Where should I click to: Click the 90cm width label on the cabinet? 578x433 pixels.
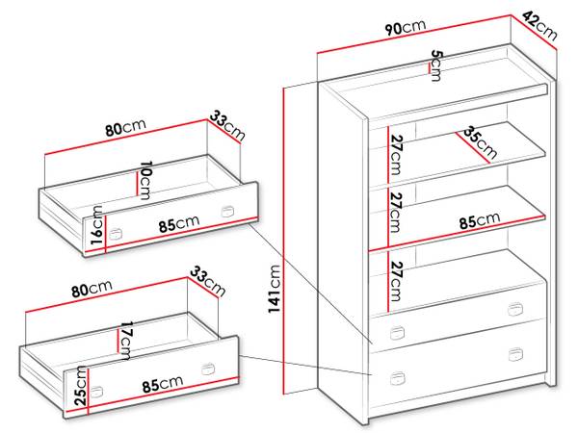[406, 27]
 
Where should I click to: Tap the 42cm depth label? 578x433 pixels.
[539, 26]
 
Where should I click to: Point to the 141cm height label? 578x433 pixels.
[275, 289]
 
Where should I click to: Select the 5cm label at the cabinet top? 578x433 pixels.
[435, 65]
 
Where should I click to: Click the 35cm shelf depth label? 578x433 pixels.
[480, 142]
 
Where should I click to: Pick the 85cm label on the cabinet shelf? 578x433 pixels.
[480, 220]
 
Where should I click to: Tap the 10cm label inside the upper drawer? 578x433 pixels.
[144, 181]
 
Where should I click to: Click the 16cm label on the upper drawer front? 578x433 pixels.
[97, 225]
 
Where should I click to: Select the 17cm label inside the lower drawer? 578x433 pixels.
[125, 341]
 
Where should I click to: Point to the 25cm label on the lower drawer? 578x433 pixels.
[81, 386]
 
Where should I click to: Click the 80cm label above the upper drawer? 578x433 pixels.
[125, 127]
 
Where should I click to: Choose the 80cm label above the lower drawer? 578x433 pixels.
[92, 289]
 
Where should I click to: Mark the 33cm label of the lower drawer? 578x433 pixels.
[207, 282]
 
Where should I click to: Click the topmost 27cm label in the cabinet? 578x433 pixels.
[396, 155]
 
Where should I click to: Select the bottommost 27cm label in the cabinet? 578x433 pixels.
[396, 281]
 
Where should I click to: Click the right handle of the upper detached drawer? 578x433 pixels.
[227, 212]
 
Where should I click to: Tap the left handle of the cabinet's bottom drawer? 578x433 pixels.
[397, 378]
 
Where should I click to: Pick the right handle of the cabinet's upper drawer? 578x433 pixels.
[515, 309]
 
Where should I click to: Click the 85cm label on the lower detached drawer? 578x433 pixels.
[163, 384]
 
